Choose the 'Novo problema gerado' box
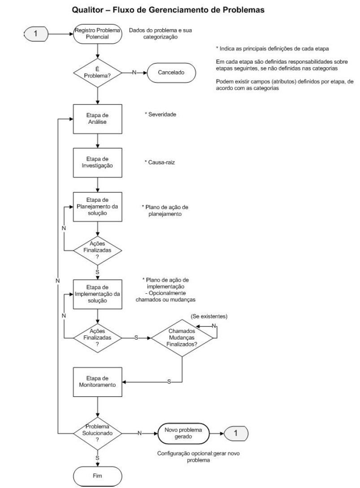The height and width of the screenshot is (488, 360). (x=183, y=433)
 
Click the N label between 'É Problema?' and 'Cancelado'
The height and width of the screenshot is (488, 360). (x=134, y=72)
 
